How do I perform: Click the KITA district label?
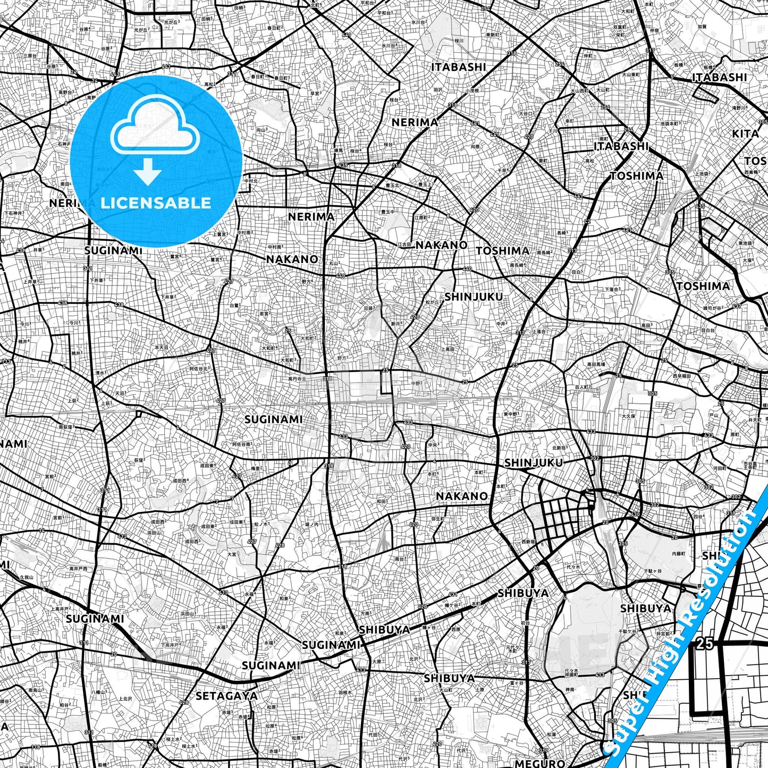click(x=745, y=133)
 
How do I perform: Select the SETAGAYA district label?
click(x=226, y=695)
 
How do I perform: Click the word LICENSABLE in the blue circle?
click(x=156, y=202)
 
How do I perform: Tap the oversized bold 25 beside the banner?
click(x=704, y=644)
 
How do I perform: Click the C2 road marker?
click(x=587, y=221)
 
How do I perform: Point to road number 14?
click(x=42, y=530)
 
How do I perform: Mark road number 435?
click(x=701, y=206)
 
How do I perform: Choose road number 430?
click(x=635, y=514)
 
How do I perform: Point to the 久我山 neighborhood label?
click(x=27, y=577)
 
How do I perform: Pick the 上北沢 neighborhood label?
click(x=125, y=698)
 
